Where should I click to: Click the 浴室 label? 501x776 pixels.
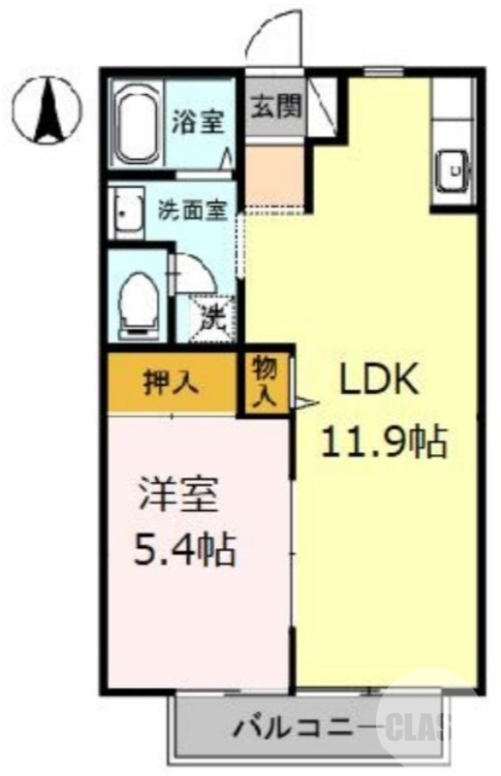tap(199, 122)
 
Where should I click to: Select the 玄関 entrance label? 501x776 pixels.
tap(275, 105)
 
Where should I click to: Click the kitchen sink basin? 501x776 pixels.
tap(452, 172)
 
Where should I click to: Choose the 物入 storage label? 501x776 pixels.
tap(265, 382)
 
